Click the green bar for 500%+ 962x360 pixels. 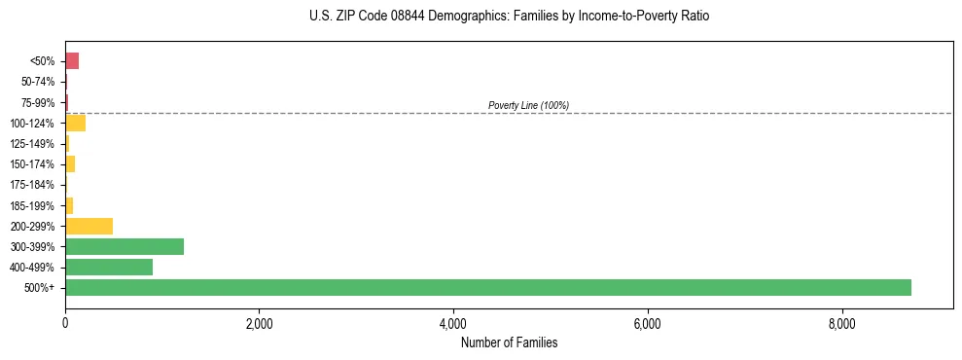487,287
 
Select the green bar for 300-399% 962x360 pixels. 125,246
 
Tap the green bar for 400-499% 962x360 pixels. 109,267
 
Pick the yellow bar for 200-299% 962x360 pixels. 89,226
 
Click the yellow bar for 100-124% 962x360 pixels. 75,123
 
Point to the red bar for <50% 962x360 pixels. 72,61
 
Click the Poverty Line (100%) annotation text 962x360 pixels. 528,105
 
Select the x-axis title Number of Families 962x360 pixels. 509,342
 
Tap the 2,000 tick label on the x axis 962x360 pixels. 259,324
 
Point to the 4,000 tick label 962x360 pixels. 453,324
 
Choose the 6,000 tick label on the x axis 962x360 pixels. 647,324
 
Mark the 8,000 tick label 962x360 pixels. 841,324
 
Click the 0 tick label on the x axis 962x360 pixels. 65,324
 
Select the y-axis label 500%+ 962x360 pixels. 40,288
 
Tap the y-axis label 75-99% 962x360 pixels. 38,102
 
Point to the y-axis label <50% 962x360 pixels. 43,61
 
